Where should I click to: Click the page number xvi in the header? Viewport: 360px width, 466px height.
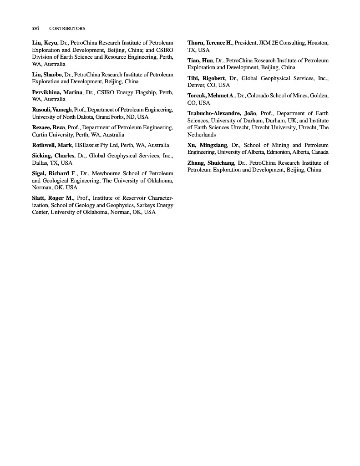35,28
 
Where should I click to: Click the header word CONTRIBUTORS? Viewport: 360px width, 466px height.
67,28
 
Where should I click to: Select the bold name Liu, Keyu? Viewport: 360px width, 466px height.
45,43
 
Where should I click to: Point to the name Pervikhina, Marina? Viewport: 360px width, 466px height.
57,92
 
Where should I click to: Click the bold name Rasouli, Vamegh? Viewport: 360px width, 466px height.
52,110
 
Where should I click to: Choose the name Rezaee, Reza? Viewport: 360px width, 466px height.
48,127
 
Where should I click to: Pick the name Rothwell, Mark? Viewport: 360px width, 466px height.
52,145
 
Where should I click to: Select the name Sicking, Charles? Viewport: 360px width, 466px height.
53,156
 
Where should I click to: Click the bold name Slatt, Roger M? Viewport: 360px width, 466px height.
53,198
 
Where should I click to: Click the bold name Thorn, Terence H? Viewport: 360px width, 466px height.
210,43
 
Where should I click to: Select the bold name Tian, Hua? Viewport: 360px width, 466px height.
200,61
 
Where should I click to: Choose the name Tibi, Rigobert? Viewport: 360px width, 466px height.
206,78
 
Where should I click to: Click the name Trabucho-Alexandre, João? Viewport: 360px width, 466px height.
222,113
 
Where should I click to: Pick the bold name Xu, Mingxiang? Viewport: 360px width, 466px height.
207,145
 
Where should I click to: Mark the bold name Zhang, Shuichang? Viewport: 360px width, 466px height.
211,163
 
